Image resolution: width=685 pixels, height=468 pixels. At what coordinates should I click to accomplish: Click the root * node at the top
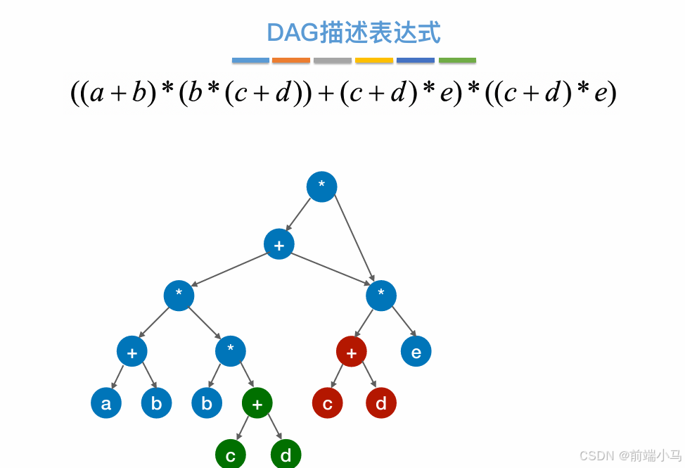click(x=321, y=186)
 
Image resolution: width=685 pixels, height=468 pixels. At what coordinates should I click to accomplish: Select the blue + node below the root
click(x=279, y=244)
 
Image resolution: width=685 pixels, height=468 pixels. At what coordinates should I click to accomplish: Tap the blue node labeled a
click(x=106, y=403)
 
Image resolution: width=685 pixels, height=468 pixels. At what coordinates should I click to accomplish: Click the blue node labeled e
click(x=416, y=351)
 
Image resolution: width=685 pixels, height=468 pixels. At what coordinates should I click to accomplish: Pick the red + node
click(x=352, y=351)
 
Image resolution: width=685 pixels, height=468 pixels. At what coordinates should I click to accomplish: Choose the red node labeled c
click(x=328, y=403)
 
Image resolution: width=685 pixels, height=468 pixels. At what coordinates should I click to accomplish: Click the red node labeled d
click(x=381, y=403)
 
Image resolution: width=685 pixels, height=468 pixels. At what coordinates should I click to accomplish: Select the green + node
click(x=257, y=403)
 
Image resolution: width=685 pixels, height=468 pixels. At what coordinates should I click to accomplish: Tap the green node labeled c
click(x=231, y=455)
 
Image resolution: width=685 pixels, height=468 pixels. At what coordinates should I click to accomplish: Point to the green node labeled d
click(x=286, y=455)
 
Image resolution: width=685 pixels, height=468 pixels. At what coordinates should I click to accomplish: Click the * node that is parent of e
click(x=381, y=296)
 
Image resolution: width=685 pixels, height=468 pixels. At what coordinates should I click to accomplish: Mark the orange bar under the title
click(x=291, y=61)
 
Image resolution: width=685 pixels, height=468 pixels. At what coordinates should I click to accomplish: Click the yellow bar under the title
click(x=374, y=61)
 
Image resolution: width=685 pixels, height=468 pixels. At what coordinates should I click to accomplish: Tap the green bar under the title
click(x=457, y=61)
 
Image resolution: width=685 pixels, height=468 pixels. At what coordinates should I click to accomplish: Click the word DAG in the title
click(x=292, y=33)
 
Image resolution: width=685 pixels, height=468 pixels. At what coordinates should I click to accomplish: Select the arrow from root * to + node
click(x=299, y=215)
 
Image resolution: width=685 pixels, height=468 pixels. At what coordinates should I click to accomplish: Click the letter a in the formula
click(x=97, y=94)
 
